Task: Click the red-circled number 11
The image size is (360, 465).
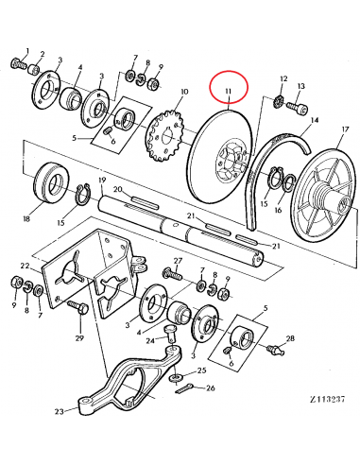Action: [228, 90]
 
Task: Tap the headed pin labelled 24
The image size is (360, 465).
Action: [173, 332]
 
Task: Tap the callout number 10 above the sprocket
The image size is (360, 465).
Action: [183, 93]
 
